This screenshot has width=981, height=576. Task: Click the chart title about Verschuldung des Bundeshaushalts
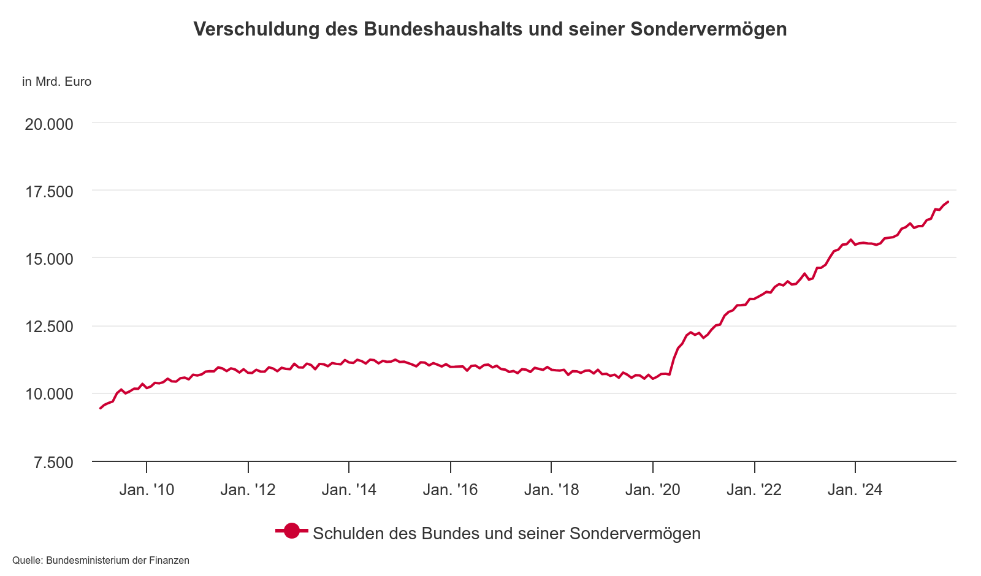click(x=490, y=29)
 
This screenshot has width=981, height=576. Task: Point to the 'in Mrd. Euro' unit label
click(x=56, y=81)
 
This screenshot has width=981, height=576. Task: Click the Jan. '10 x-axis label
click(x=147, y=490)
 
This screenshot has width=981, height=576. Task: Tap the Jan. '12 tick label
click(x=248, y=490)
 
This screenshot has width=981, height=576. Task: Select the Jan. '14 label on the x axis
click(x=349, y=490)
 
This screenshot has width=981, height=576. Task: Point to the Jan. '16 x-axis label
click(x=450, y=490)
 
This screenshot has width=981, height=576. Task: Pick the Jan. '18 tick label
click(x=551, y=490)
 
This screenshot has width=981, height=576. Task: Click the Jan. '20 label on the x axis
click(x=653, y=490)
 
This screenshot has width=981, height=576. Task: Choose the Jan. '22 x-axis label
click(x=754, y=490)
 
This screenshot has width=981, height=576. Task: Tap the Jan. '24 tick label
click(x=855, y=490)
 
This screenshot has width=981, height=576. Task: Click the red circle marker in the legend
click(x=291, y=532)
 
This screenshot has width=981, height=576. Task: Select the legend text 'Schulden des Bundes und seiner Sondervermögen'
click(x=506, y=533)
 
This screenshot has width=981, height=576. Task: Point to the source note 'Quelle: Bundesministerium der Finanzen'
click(x=101, y=561)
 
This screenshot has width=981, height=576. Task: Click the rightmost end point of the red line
click(x=948, y=202)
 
